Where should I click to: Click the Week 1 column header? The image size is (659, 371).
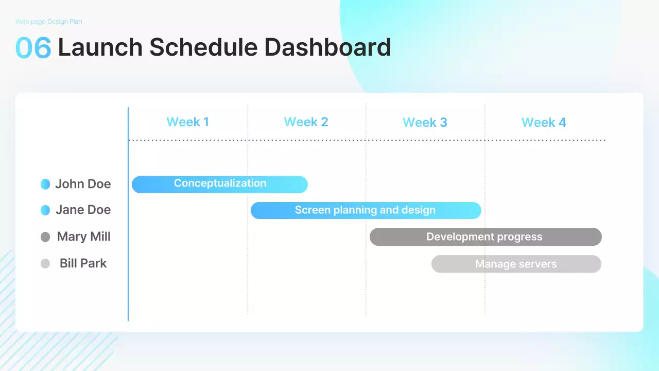188,122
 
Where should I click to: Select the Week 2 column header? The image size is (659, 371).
306,122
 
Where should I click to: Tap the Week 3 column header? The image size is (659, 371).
425,123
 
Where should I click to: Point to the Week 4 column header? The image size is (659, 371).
544,123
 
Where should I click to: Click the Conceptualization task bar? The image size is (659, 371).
220,184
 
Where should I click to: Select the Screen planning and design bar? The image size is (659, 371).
366,211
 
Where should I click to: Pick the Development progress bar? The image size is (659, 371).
485,237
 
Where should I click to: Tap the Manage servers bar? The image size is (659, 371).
516,264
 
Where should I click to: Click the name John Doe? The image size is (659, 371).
83,184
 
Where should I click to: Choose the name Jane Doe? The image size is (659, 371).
83,210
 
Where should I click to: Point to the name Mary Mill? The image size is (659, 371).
84,237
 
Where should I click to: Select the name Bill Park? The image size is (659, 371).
83,263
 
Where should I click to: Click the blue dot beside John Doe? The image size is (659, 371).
45,184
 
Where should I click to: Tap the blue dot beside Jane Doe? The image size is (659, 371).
45,210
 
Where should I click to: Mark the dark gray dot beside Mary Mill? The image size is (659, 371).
45,237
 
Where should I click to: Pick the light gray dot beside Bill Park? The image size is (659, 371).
45,263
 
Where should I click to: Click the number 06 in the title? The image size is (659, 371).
33,47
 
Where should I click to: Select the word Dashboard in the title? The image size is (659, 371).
328,47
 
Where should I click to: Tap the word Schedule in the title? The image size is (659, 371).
203,47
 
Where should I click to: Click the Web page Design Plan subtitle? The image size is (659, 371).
48,22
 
